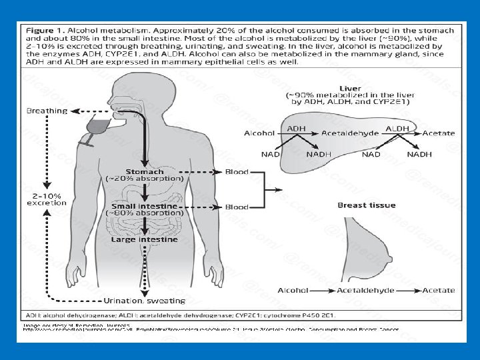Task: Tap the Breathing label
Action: [x=47, y=111]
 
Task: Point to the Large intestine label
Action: [x=144, y=239]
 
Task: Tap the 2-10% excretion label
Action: [x=47, y=199]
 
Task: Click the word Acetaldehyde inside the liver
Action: [x=351, y=133]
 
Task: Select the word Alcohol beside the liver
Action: [x=259, y=133]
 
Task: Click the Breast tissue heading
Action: [x=367, y=205]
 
